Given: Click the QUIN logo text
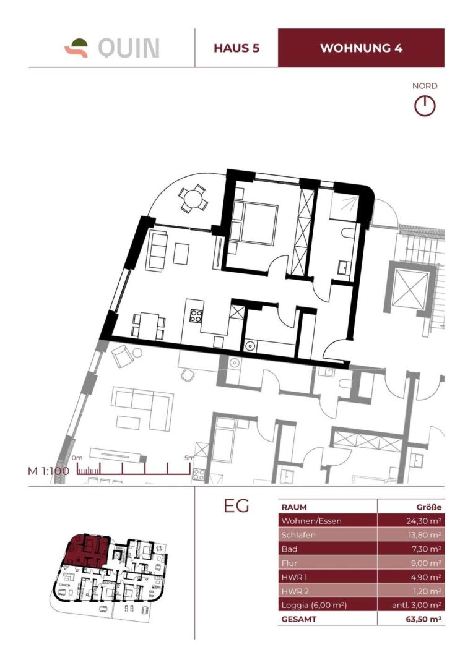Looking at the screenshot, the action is point(129,48).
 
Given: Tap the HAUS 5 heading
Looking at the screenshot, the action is point(236,48).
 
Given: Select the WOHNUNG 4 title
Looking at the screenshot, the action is point(361,48).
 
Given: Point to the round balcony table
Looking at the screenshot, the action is point(193,198).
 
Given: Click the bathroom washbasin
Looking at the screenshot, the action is point(344,267).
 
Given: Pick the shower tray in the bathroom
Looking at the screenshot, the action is point(345,207).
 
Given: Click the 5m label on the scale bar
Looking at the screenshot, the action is point(189,458).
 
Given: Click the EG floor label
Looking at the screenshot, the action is point(236,506).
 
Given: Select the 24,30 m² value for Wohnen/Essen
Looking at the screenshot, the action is point(423,521).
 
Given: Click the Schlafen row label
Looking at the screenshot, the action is point(298,534).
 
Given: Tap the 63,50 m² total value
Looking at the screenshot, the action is point(423,619).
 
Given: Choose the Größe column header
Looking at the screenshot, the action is point(428,507).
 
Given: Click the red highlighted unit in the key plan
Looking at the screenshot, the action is point(87,551).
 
